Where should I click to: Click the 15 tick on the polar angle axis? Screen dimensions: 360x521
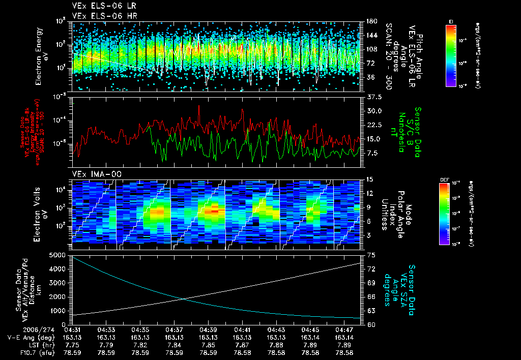(369, 179)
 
